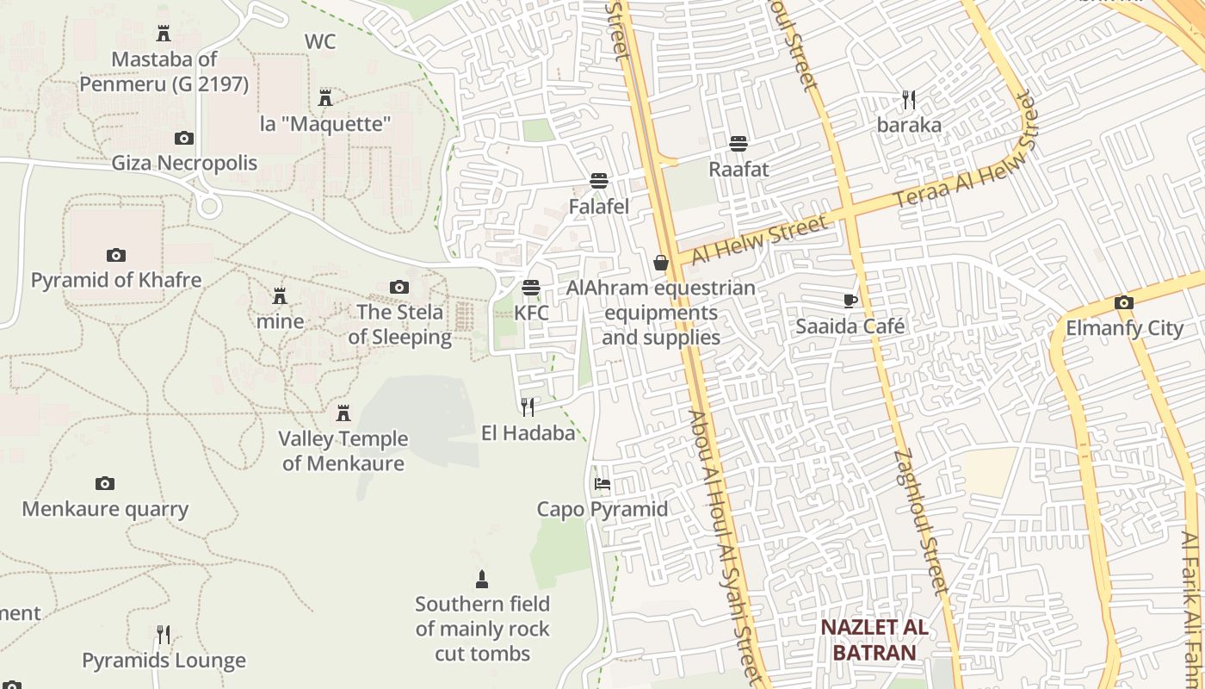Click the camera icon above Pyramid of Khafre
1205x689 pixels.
[x=116, y=255]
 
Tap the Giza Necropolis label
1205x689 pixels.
[x=184, y=163]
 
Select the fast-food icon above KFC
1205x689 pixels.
[x=531, y=287]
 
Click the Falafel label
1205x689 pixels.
[x=599, y=207]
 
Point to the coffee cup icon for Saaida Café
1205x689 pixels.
[x=850, y=301]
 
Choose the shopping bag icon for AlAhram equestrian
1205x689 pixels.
[x=661, y=263]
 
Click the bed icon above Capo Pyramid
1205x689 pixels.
[x=602, y=484]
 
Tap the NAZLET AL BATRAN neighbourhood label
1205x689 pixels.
[x=874, y=640]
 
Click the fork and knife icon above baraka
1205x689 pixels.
[x=909, y=100]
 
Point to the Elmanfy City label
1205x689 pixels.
[x=1124, y=328]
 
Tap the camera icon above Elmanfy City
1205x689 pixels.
[x=1123, y=302]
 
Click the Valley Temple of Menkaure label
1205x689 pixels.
[x=343, y=451]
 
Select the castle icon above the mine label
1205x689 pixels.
[x=280, y=296]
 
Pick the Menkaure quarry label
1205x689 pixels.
[x=105, y=509]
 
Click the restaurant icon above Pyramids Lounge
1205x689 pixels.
[x=164, y=636]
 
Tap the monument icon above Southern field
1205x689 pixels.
[x=482, y=579]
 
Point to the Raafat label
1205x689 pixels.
[x=738, y=170]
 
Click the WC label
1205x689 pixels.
[x=320, y=41]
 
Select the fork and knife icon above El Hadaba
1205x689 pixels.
[x=528, y=407]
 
